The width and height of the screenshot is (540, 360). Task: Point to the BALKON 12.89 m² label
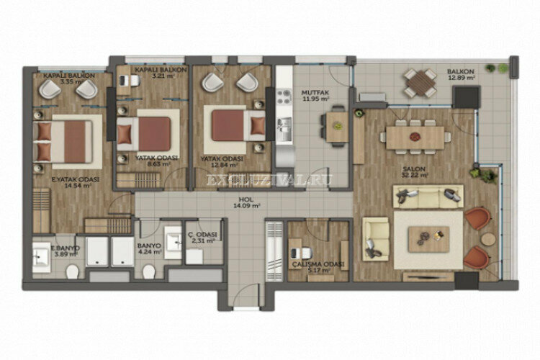(x=461, y=75)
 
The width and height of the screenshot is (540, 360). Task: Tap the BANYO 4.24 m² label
(x=150, y=248)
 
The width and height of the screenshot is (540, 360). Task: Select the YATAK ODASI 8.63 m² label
(x=153, y=161)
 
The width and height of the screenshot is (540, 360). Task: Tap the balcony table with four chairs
(x=419, y=82)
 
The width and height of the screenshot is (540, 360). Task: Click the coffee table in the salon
(x=428, y=238)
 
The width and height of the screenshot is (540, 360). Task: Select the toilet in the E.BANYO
(x=72, y=271)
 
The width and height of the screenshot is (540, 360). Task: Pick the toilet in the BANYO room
(x=149, y=271)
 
